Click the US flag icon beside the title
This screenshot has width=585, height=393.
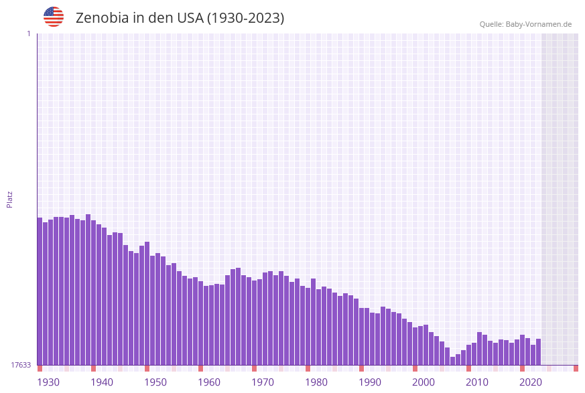click(54, 17)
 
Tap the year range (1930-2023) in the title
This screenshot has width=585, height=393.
click(245, 18)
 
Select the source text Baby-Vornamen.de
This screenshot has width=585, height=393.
click(539, 24)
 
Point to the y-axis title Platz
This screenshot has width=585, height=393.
click(9, 199)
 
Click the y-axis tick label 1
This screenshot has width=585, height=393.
click(28, 33)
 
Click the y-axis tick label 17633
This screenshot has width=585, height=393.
click(21, 365)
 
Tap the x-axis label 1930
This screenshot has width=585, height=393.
click(48, 382)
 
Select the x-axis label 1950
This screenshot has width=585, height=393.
click(155, 382)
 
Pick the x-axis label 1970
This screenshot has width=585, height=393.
click(262, 382)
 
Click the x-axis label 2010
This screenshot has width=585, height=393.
click(476, 382)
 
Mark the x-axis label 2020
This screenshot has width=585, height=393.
click(530, 382)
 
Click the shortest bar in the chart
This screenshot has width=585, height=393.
click(453, 361)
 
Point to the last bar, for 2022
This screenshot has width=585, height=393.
click(538, 351)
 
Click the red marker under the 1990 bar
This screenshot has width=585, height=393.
click(362, 368)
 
